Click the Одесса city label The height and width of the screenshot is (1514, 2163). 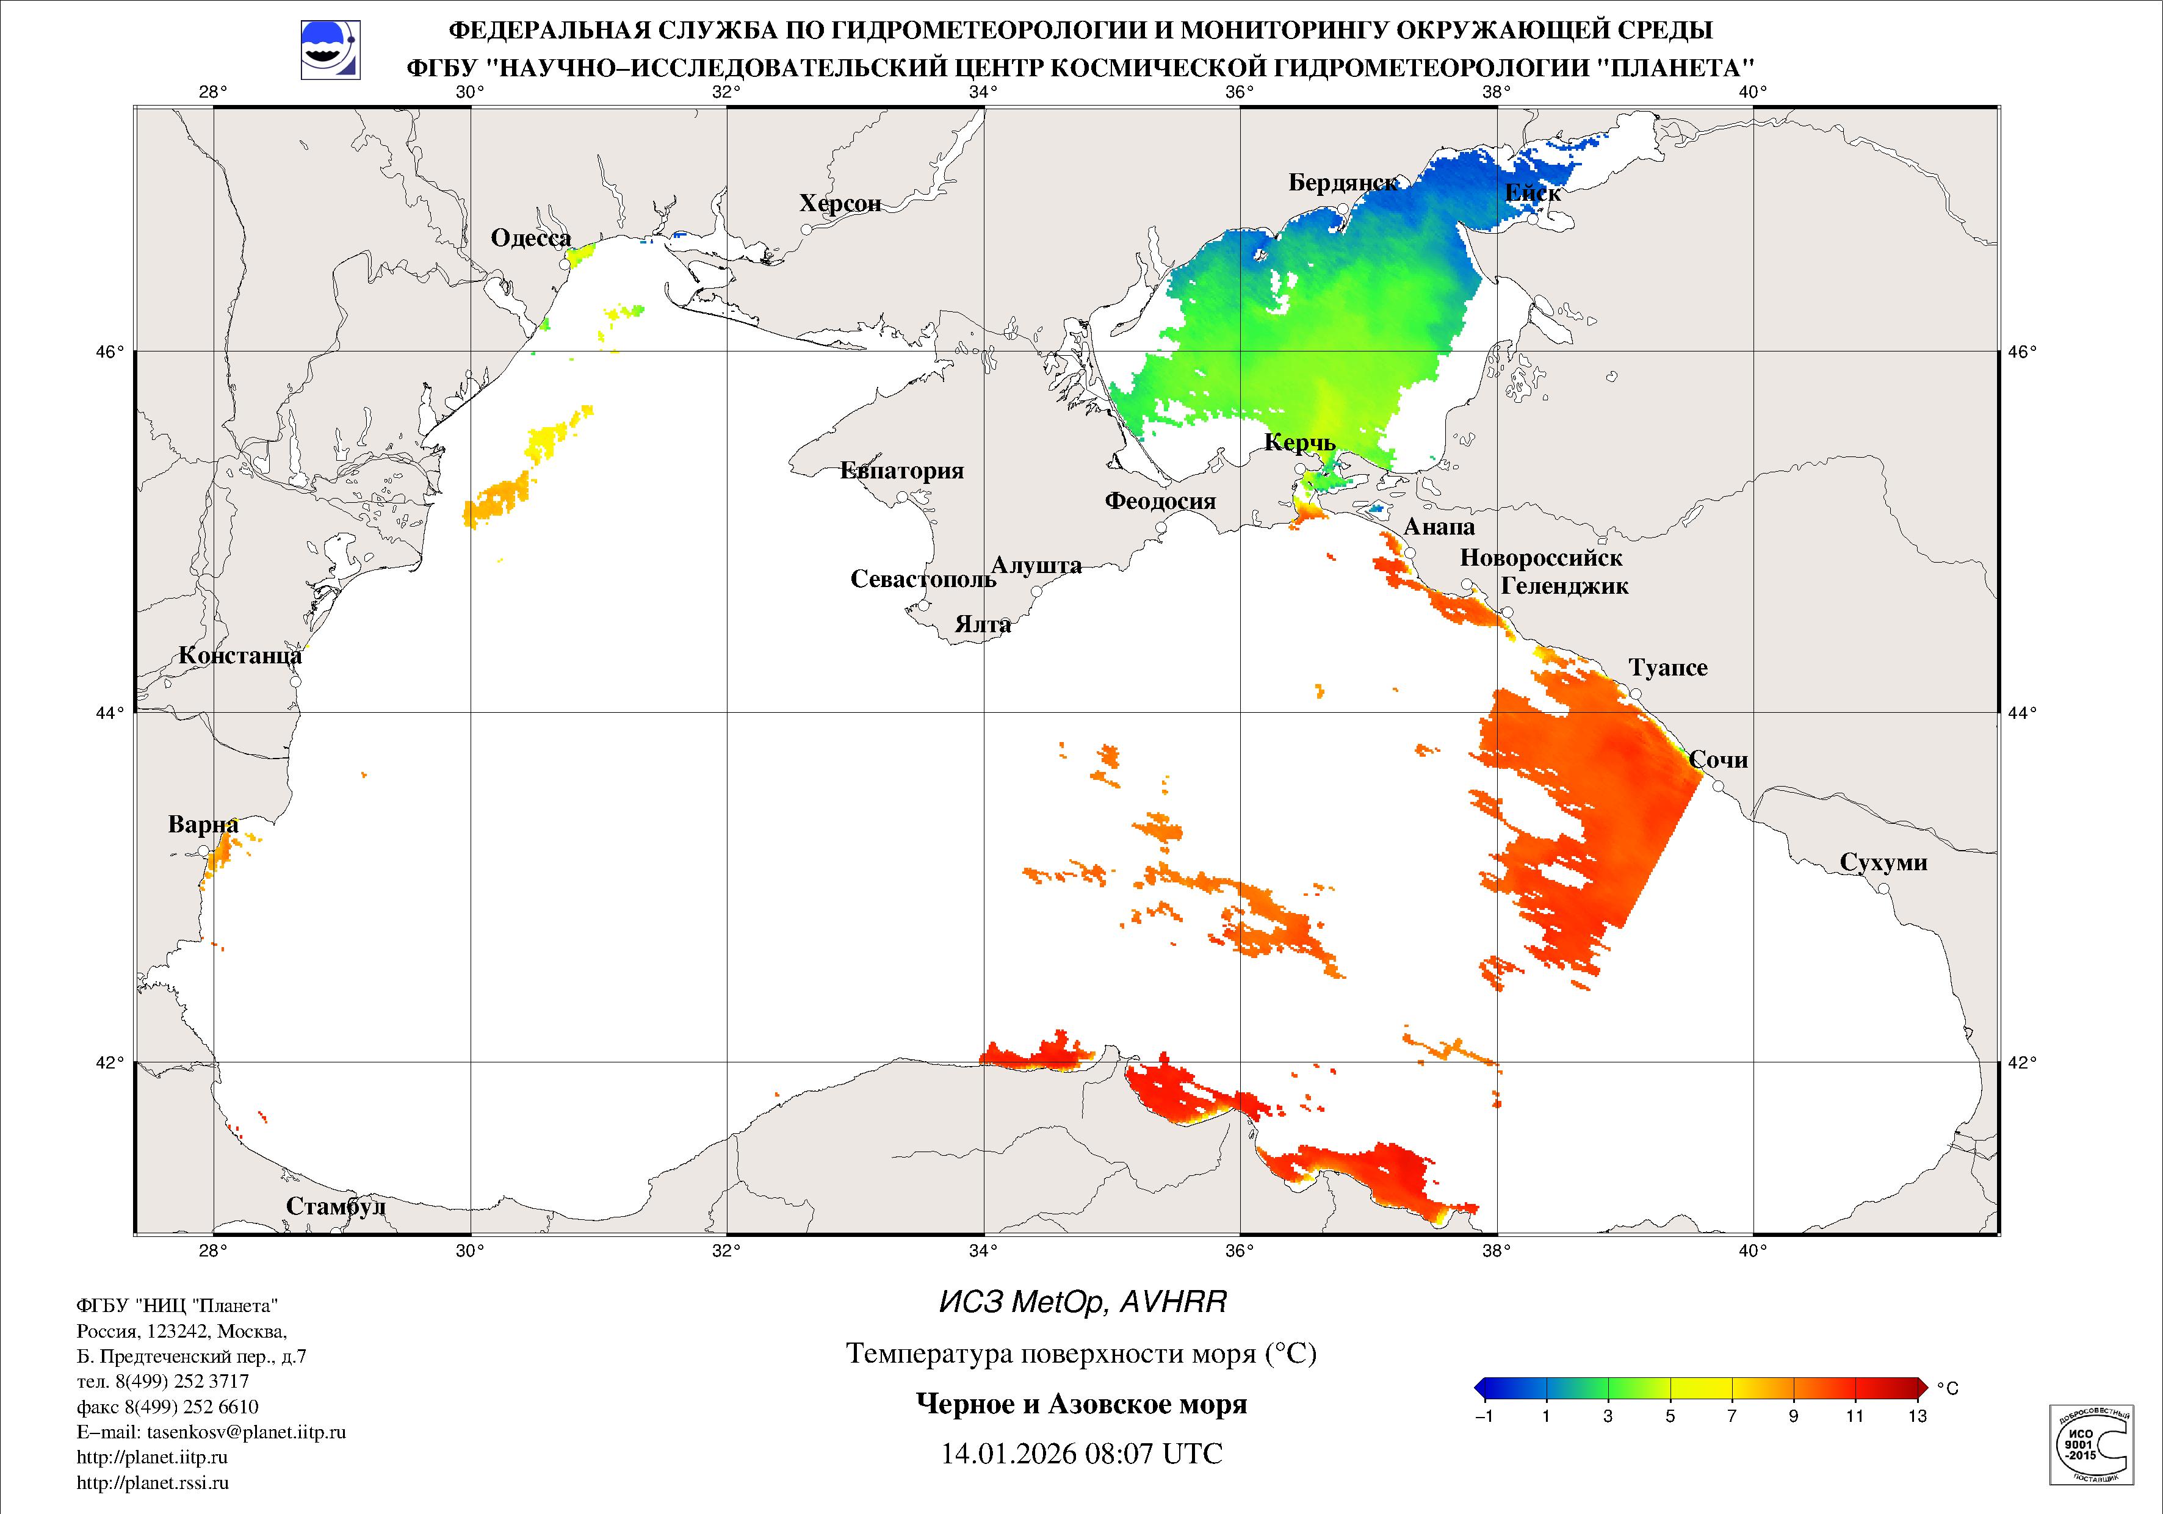click(530, 239)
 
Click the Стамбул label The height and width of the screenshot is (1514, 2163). click(336, 1206)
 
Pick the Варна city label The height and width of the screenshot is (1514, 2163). click(203, 824)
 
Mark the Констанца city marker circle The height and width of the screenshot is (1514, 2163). click(295, 681)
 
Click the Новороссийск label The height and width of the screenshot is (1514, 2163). click(1540, 558)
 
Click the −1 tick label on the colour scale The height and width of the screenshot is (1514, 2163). click(1483, 1416)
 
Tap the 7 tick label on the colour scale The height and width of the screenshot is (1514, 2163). click(1731, 1416)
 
